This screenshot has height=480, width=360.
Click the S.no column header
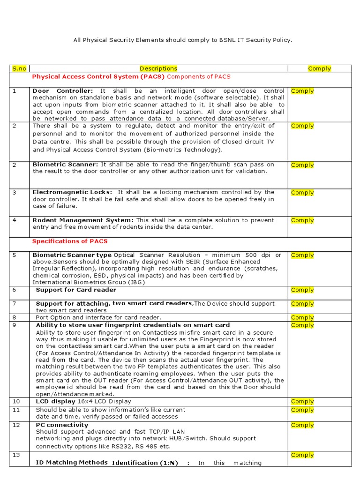coord(19,68)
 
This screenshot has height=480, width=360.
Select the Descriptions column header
coord(158,68)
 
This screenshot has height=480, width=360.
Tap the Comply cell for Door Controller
coord(302,91)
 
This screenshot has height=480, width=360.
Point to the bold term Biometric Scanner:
coord(65,165)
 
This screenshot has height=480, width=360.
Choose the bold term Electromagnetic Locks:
coord(72,192)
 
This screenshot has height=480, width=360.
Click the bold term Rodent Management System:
coord(83,220)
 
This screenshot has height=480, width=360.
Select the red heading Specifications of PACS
coord(70,241)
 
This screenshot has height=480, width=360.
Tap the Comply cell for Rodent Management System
coord(302,220)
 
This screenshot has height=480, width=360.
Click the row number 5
coord(15,255)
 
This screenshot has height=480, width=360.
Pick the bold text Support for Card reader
coord(69,290)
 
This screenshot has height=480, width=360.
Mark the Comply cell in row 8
coord(302,317)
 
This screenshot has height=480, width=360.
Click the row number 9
coord(15,325)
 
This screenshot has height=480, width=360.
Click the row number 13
coord(16,455)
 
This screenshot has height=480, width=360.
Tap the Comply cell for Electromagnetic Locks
coord(302,193)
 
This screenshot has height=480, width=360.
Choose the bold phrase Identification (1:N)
coord(145,463)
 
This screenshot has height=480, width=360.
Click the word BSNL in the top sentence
coord(228,40)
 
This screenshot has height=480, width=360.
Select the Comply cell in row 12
coord(302,425)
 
